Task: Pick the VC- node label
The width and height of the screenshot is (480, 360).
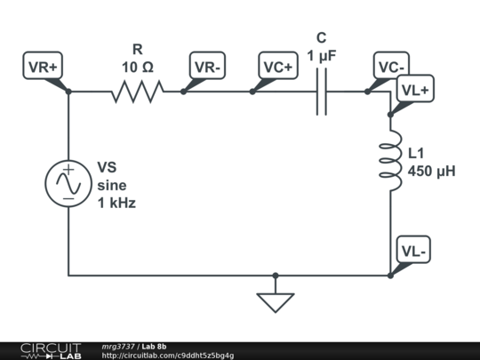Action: [x=391, y=68]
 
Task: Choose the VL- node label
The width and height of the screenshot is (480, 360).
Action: [x=414, y=251]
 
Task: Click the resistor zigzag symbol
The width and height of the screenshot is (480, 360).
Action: [x=137, y=91]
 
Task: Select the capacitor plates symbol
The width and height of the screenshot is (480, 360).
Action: [x=321, y=91]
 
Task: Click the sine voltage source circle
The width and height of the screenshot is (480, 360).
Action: [x=68, y=184]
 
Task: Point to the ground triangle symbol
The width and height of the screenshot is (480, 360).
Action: [x=276, y=301]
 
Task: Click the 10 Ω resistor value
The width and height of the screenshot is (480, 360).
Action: [x=137, y=67]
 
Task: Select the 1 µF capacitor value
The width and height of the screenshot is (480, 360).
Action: [x=321, y=55]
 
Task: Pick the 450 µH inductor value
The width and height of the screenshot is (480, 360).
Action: [x=431, y=171]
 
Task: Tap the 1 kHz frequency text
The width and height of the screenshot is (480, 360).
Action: [x=116, y=203]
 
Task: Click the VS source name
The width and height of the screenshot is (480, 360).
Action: [x=107, y=167]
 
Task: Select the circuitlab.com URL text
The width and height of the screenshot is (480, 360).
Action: [x=168, y=356]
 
